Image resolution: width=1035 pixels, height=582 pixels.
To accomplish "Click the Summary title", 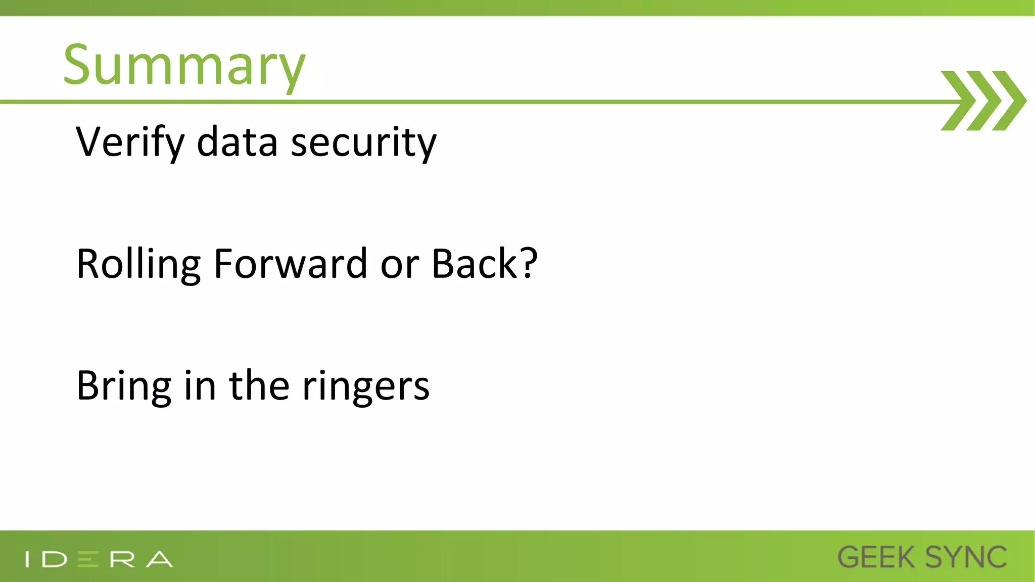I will pos(184,66).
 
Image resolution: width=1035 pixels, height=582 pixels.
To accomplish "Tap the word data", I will pos(237,143).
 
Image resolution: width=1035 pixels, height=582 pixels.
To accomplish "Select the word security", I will pos(363,143).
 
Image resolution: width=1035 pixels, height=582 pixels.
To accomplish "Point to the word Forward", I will pos(290,264).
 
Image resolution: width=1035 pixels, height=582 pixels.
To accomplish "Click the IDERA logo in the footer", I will pos(99,559).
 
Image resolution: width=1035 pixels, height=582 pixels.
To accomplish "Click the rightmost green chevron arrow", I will pos(1009,101).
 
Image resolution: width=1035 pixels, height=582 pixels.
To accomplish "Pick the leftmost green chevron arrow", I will pos(957,101).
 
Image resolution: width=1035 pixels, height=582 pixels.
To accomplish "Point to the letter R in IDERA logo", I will pos(122,559).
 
